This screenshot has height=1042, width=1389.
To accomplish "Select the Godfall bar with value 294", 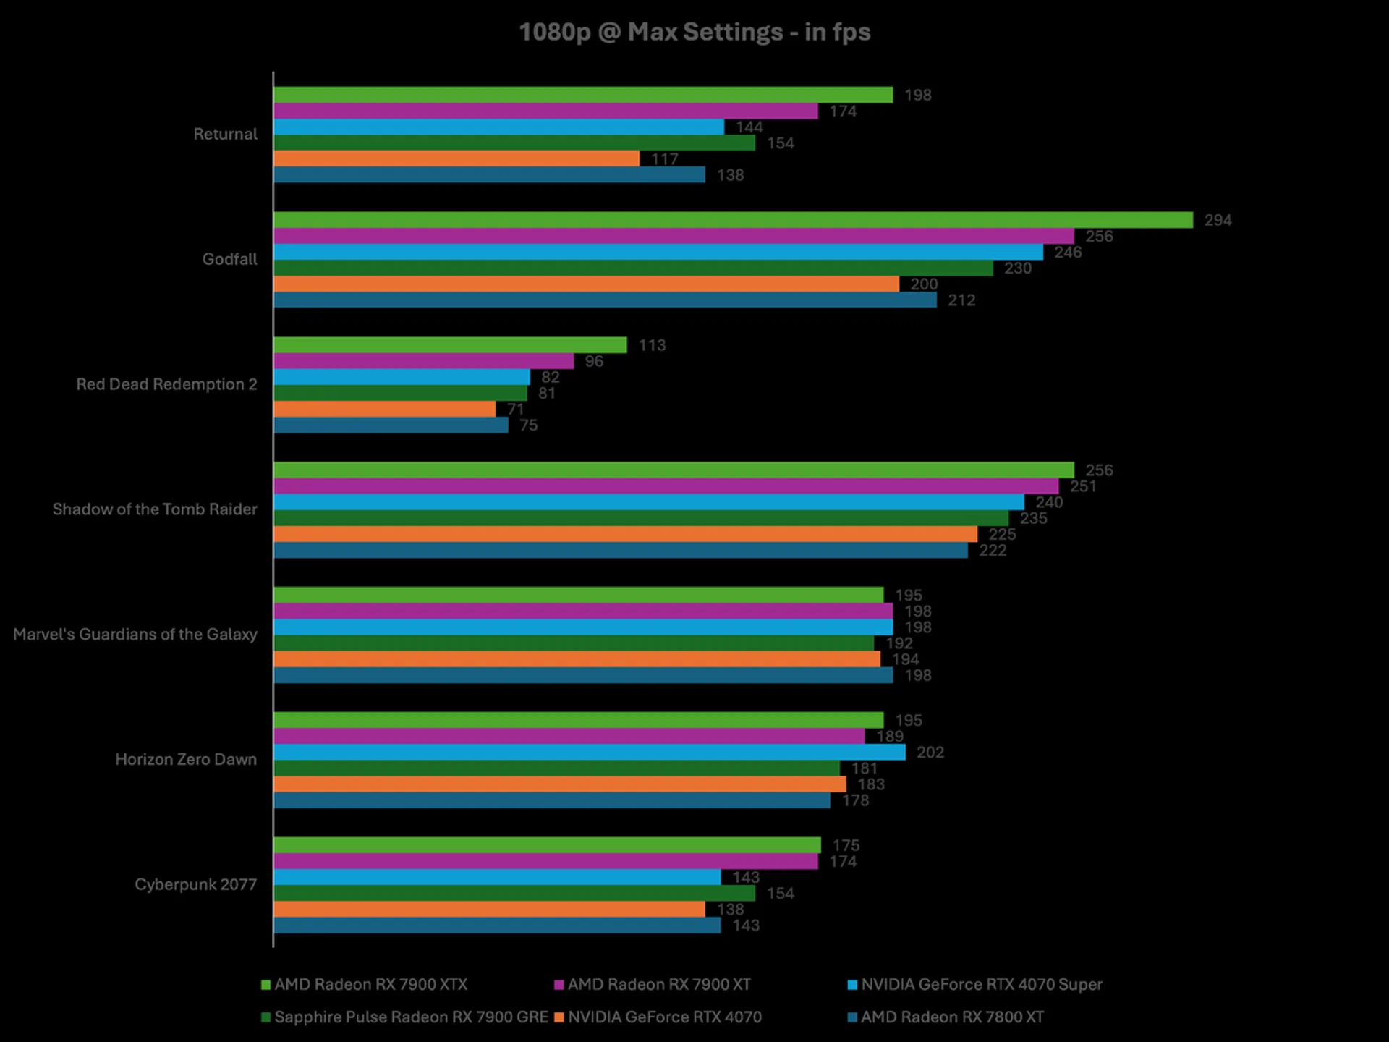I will [x=732, y=220].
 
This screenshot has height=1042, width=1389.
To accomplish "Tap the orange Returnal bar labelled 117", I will [x=456, y=158].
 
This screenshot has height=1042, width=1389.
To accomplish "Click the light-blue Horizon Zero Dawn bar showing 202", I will [x=589, y=753].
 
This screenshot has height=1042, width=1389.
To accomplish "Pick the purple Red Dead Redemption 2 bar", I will [x=423, y=361].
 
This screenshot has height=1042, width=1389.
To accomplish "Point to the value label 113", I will [x=652, y=345].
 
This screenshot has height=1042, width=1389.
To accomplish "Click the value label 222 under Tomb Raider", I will [x=993, y=551].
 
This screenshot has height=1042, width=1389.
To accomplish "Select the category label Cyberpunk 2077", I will [x=195, y=884].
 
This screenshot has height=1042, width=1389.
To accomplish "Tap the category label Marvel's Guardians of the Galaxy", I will [x=135, y=635].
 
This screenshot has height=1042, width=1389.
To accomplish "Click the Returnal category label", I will [x=225, y=134].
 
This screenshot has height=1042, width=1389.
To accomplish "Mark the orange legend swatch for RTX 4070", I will [x=558, y=1017].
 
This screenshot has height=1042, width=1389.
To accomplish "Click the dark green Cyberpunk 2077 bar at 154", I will [x=514, y=894].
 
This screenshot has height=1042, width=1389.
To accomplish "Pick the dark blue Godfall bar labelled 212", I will [x=605, y=300].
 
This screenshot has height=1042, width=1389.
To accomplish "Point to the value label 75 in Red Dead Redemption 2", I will [x=528, y=425].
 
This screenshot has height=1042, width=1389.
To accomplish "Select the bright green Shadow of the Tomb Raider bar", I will [x=673, y=470].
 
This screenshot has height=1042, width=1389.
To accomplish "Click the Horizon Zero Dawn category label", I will [x=186, y=760].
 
